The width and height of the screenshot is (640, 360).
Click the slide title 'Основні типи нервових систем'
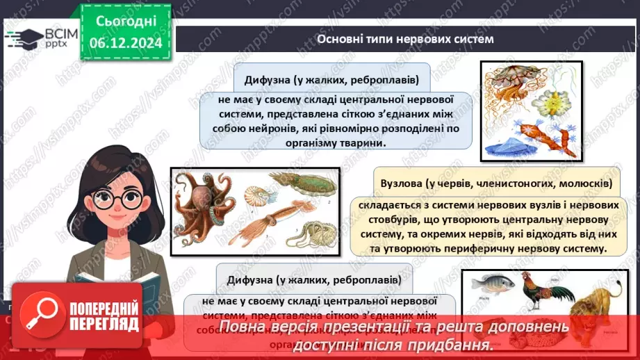pos(405,39)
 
